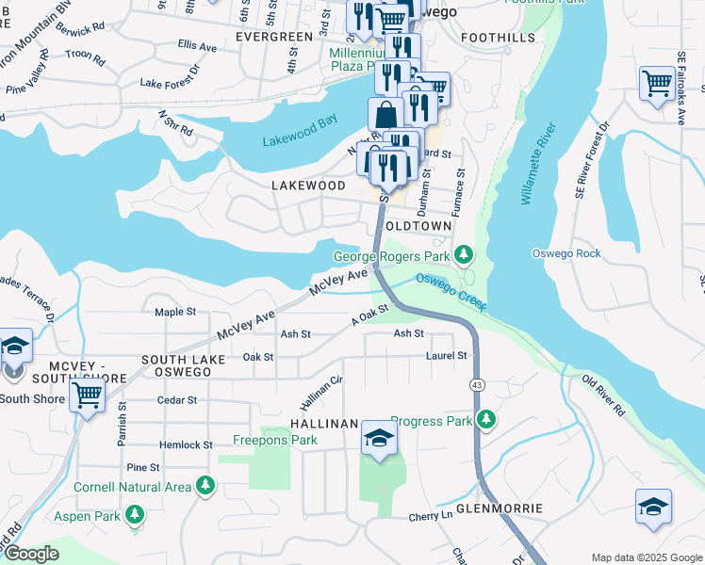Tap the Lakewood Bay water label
pyautogui.click(x=299, y=140)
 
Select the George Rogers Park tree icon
pyautogui.click(x=463, y=254)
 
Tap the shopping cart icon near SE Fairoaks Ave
pyautogui.click(x=656, y=83)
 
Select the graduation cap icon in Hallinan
pyautogui.click(x=379, y=439)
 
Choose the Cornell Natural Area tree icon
pyautogui.click(x=205, y=486)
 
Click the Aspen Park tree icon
pyautogui.click(x=137, y=514)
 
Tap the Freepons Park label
pyautogui.click(x=275, y=440)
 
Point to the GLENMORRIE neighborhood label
pyautogui.click(x=499, y=508)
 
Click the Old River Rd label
pyautogui.click(x=604, y=395)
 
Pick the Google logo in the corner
pyautogui.click(x=31, y=555)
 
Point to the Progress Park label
pyautogui.click(x=431, y=421)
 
